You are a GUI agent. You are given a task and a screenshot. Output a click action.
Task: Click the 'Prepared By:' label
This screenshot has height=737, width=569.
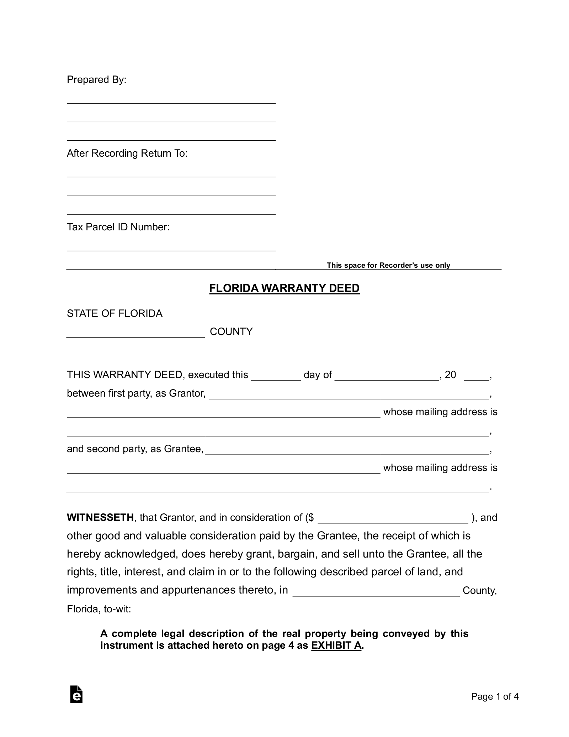click(96, 80)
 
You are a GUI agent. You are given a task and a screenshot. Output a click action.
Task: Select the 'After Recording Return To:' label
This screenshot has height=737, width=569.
click(127, 153)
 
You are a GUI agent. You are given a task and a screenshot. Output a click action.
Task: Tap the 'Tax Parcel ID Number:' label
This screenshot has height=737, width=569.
click(118, 227)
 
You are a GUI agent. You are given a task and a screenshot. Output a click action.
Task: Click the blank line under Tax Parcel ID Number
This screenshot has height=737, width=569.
click(171, 248)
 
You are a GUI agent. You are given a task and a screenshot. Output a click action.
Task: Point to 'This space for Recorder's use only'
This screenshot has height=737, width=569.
click(388, 265)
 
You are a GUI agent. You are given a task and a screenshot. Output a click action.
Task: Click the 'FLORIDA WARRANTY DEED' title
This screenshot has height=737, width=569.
click(284, 288)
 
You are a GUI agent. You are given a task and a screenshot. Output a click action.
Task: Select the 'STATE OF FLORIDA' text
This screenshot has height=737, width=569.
click(115, 314)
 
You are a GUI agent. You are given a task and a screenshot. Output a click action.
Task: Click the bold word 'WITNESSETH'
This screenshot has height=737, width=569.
click(100, 518)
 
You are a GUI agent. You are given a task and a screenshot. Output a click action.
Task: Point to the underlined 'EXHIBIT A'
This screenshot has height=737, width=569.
click(336, 645)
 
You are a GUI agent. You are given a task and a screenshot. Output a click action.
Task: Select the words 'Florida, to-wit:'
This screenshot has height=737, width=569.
click(99, 609)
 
